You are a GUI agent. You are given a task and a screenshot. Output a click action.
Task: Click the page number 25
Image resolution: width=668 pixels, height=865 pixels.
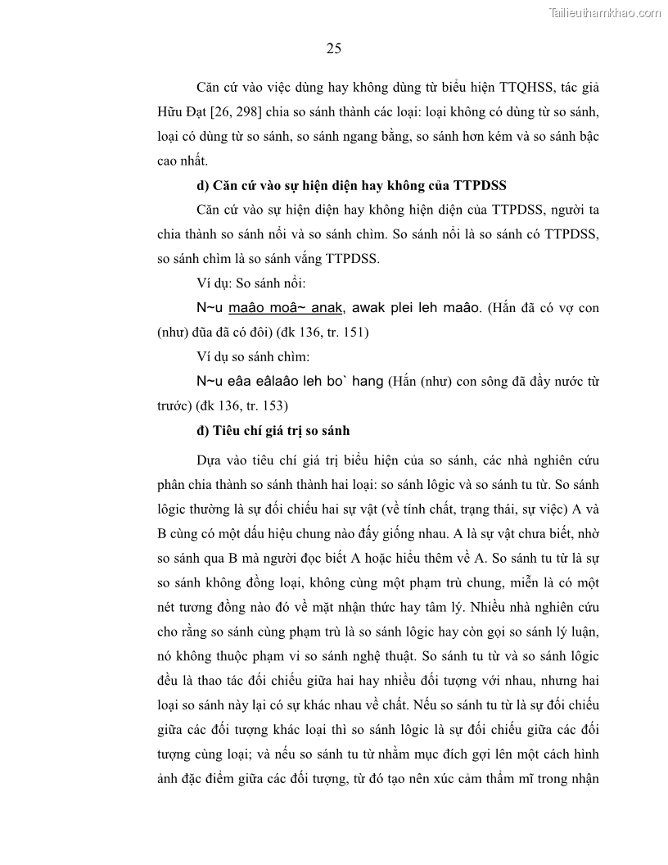point(333,48)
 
